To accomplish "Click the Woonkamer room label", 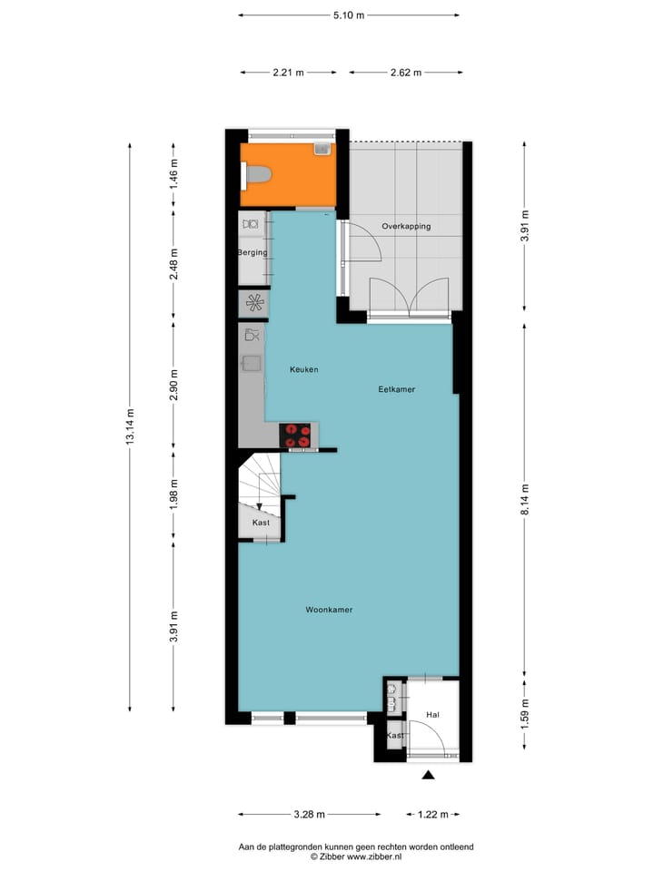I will click(329, 610).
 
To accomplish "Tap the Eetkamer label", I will click(397, 389).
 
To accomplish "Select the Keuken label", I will click(303, 369).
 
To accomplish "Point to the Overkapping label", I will click(406, 226).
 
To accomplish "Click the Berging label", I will click(252, 252).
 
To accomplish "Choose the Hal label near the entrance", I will click(432, 716).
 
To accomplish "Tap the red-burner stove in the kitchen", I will click(297, 435).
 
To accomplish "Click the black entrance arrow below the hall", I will click(429, 775).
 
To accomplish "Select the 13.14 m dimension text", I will click(131, 426).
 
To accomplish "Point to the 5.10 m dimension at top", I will click(349, 15).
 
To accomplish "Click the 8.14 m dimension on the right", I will click(524, 500).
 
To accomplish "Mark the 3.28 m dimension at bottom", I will click(309, 814).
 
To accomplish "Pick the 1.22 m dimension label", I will click(432, 814).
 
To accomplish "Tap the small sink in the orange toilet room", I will click(321, 149).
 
